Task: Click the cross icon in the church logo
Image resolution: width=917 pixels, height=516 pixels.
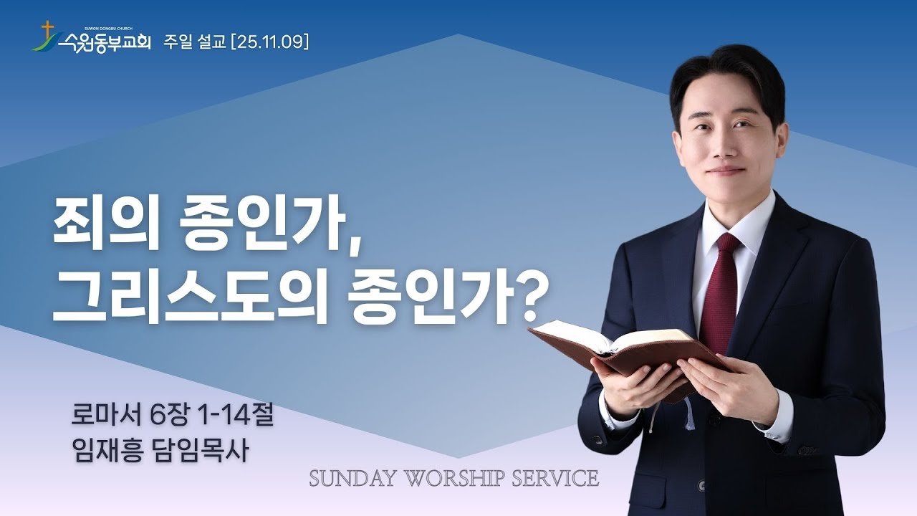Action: pyautogui.click(x=48, y=32)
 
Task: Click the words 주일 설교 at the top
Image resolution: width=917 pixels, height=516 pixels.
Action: pyautogui.click(x=194, y=42)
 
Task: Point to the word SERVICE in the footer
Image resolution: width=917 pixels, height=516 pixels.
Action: pyautogui.click(x=555, y=478)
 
